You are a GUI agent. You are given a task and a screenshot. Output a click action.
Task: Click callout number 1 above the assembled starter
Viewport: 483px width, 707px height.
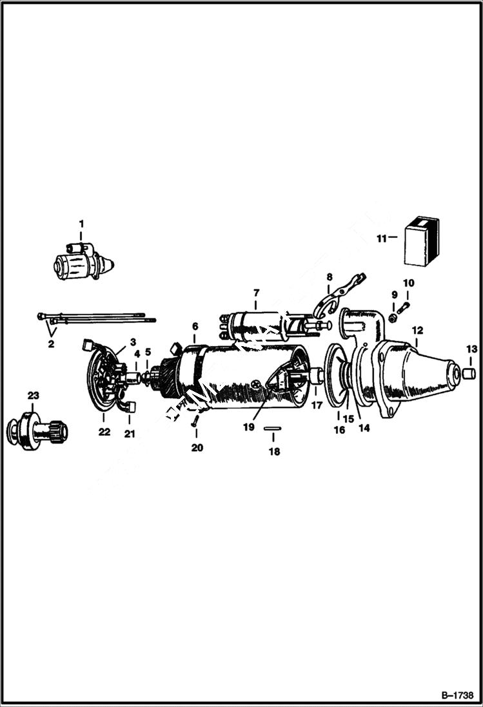(81, 224)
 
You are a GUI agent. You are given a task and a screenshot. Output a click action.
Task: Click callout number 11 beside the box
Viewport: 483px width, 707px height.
(381, 238)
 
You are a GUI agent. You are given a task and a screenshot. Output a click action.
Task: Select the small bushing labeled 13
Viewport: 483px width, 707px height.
(469, 373)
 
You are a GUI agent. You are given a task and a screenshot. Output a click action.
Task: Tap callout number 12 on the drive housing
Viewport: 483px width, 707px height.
(417, 329)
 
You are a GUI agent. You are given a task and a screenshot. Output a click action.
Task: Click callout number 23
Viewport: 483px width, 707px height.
(33, 395)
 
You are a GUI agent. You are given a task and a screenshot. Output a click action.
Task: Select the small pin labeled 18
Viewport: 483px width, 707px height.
(274, 428)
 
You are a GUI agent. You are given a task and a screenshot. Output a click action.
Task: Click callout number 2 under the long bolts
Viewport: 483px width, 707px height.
(51, 344)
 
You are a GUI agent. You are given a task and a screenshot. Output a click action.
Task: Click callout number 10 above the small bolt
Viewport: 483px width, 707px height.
(408, 283)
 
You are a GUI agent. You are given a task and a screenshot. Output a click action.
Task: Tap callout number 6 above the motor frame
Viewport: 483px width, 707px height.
(195, 327)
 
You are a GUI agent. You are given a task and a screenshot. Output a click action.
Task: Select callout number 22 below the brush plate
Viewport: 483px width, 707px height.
(104, 433)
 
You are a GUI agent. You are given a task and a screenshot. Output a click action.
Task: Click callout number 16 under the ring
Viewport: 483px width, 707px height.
(339, 430)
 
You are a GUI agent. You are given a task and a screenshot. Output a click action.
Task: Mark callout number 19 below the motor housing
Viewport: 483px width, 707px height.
(249, 427)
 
